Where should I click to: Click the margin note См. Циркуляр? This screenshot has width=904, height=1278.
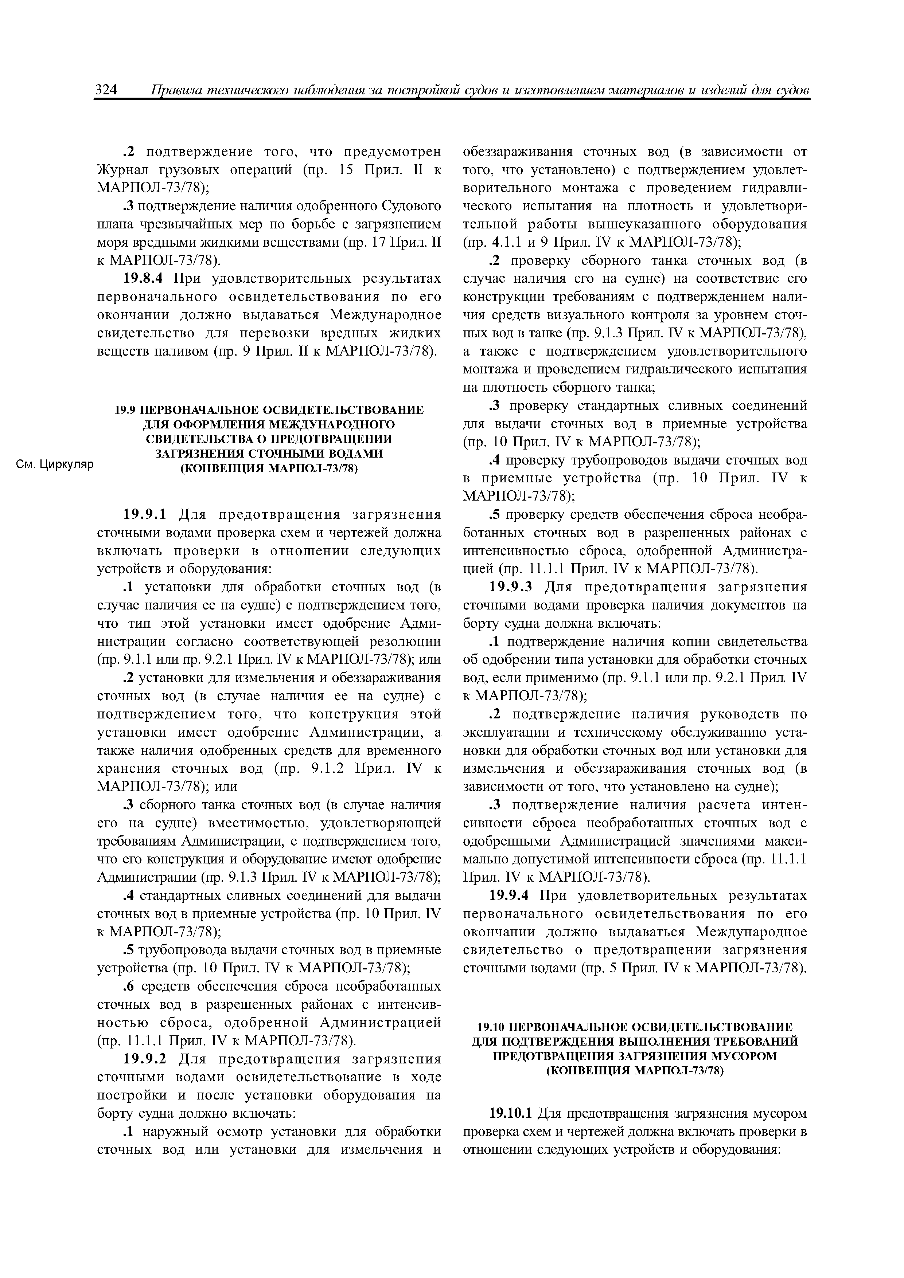point(54,464)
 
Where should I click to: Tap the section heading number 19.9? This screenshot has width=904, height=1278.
point(126,410)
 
